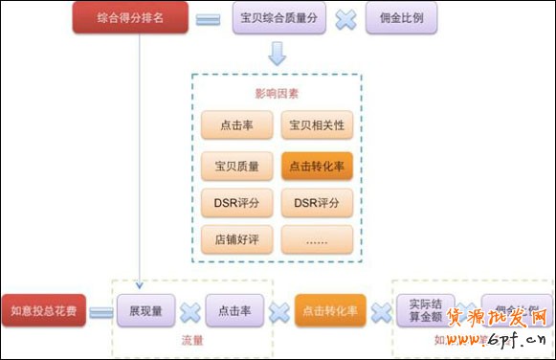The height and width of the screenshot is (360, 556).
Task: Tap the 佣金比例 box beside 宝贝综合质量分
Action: click(403, 18)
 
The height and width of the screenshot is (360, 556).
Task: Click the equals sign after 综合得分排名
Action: click(208, 19)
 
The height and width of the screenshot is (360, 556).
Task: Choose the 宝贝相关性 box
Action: click(317, 125)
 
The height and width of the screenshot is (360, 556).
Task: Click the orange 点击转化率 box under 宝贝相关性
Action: click(317, 166)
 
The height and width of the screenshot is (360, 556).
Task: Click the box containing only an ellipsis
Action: click(317, 238)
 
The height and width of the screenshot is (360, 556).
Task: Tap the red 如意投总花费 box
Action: click(43, 310)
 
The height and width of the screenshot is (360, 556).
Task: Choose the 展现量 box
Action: click(145, 310)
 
